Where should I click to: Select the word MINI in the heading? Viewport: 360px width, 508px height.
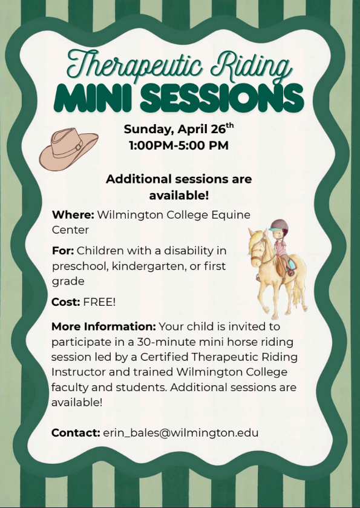pos(91,96)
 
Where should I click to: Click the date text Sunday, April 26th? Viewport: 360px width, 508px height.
pos(178,129)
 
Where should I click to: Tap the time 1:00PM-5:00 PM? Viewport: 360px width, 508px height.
pos(178,145)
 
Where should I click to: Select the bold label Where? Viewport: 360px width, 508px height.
pos(73,215)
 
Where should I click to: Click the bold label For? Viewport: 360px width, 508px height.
pos(63,251)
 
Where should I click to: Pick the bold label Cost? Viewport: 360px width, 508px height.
pos(65,302)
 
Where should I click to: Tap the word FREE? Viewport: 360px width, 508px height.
pos(99,302)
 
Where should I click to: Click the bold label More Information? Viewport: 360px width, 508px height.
pos(103,326)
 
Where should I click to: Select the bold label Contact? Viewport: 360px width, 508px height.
pos(75,432)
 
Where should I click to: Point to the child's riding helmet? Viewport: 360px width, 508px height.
pos(280,227)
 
